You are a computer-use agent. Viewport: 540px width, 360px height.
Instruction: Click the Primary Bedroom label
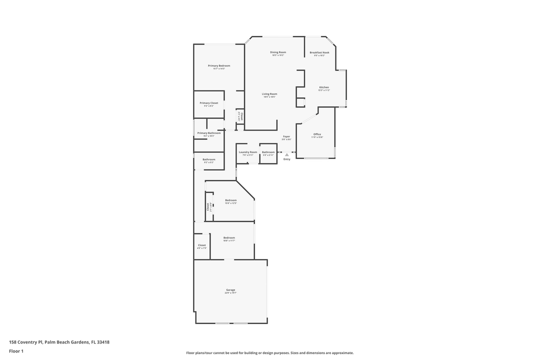tap(219, 65)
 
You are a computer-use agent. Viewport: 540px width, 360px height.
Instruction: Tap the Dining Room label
tap(278, 52)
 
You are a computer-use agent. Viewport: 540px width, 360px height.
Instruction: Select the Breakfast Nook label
tap(319, 52)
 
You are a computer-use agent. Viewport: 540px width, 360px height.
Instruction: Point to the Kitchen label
tap(324, 87)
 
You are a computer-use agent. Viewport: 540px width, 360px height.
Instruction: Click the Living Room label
tap(269, 94)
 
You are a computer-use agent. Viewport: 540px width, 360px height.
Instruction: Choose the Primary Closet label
tap(209, 103)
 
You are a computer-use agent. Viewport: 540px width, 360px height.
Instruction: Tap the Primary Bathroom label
tap(209, 133)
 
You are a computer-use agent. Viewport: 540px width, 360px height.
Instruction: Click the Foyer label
tap(286, 136)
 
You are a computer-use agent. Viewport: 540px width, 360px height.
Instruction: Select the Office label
tap(317, 134)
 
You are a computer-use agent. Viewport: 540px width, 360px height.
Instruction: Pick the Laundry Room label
tap(248, 152)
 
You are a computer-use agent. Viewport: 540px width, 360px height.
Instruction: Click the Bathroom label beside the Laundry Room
tap(268, 152)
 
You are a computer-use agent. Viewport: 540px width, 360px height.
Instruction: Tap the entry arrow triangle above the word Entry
tap(287, 155)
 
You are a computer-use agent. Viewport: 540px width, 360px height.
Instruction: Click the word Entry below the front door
tap(287, 159)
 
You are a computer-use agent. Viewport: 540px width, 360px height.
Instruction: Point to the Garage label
tap(230, 290)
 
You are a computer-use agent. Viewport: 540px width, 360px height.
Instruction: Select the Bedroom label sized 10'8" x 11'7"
tap(229, 238)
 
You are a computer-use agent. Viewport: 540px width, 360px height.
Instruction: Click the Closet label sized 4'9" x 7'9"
tap(201, 245)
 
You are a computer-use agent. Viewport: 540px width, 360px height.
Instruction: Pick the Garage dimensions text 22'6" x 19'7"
tap(230, 293)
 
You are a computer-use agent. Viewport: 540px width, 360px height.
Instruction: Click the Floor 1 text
tap(16, 351)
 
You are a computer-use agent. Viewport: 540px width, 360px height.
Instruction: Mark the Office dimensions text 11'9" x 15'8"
tap(317, 137)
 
